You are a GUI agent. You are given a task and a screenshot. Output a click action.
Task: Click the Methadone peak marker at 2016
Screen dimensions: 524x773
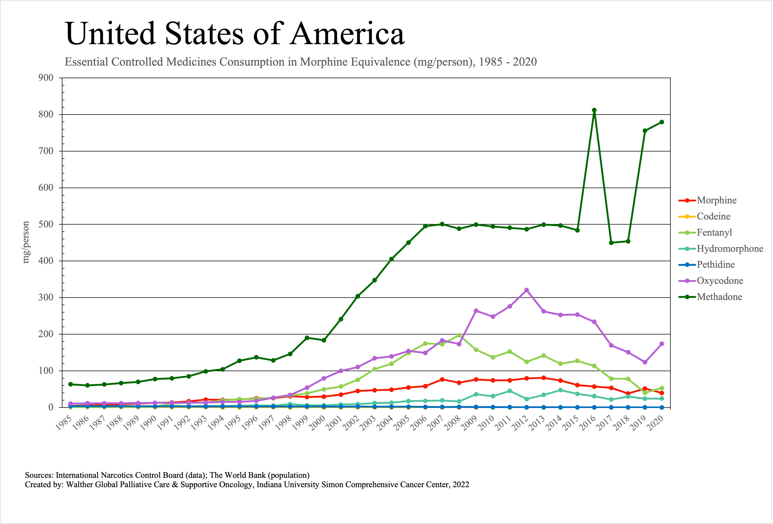pos(594,110)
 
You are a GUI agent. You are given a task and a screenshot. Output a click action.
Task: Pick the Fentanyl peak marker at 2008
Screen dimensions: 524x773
pos(459,335)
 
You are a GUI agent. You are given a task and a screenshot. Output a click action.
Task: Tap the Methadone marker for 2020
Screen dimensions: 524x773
pos(662,122)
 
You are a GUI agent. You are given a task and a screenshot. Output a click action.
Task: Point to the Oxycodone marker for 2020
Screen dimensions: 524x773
pos(662,344)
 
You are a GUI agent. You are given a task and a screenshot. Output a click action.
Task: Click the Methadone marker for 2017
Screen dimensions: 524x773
pos(611,243)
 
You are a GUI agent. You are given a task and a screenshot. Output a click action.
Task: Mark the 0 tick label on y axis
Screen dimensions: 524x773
pos(51,407)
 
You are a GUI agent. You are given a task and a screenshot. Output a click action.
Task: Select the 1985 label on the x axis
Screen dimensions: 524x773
pos(64,423)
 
